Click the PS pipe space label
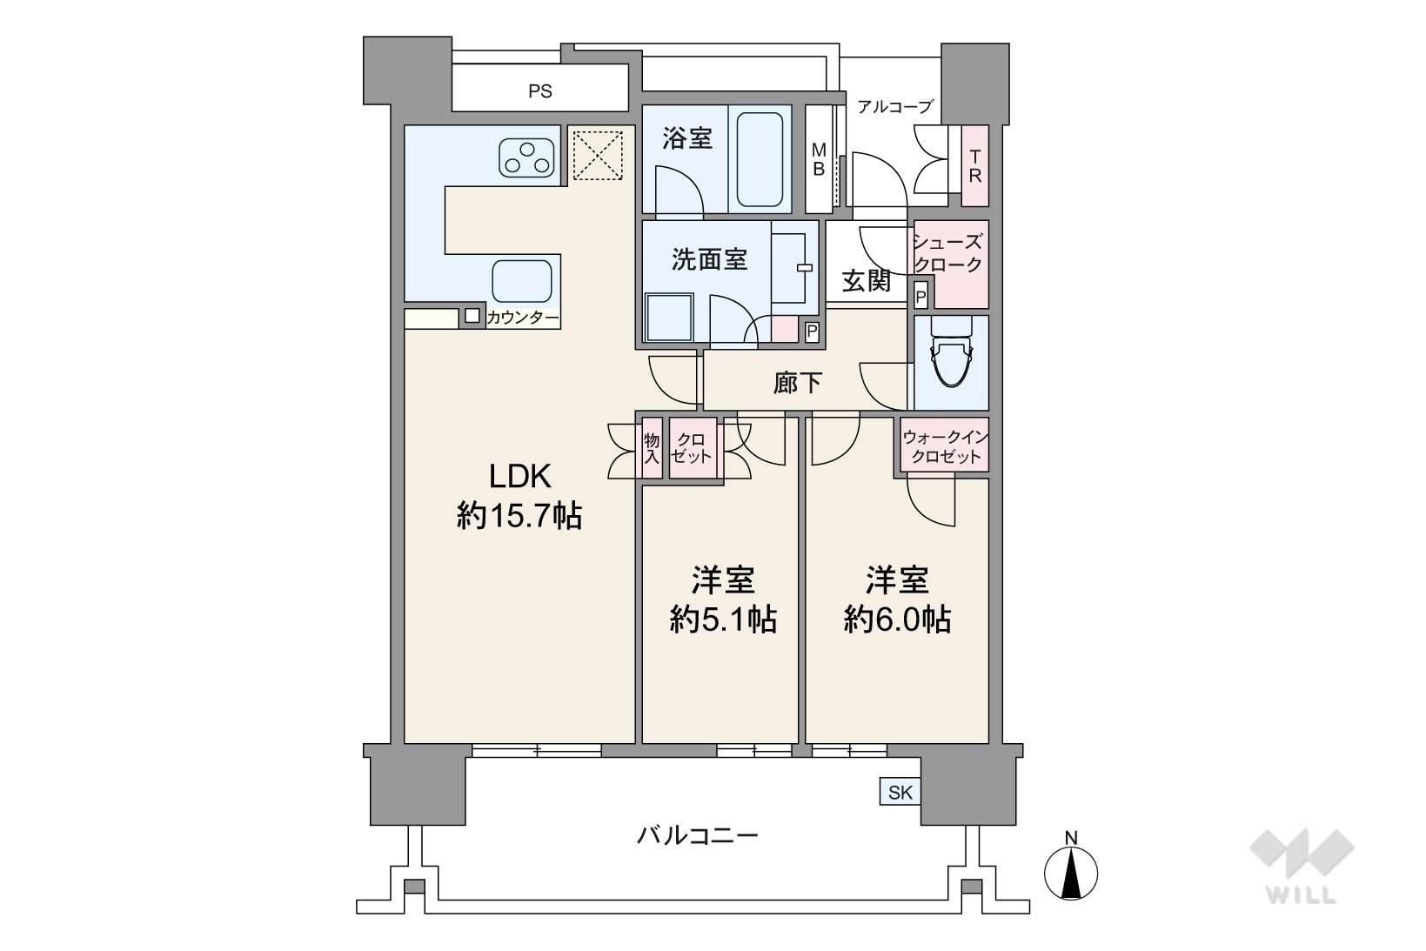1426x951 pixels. [x=539, y=91]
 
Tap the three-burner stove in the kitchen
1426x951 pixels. [x=526, y=158]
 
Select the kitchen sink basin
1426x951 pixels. [x=521, y=281]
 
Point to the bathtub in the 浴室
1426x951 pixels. [x=760, y=159]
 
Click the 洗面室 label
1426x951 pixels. [x=709, y=259]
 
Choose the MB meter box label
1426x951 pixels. [x=819, y=159]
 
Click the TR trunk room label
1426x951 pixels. [x=974, y=166]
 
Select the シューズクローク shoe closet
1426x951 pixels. [x=951, y=264]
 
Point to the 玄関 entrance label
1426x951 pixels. [x=866, y=281]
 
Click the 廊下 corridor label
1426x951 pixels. [x=797, y=383]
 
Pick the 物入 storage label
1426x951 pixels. [x=652, y=447]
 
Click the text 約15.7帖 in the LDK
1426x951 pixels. [x=519, y=515]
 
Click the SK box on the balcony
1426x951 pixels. [x=900, y=792]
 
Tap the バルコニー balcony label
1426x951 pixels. [x=698, y=834]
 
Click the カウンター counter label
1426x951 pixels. [x=523, y=318]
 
